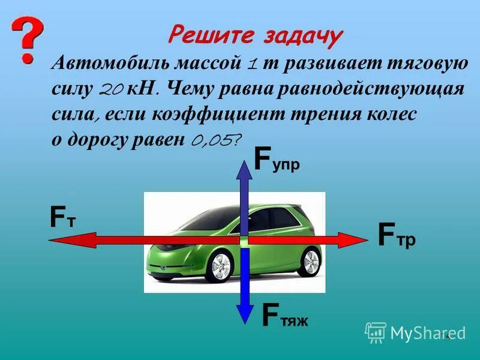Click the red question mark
[27, 39]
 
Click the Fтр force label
[397, 235]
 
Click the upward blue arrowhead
[245, 170]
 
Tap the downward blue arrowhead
[245, 314]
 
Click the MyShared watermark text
[427, 332]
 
